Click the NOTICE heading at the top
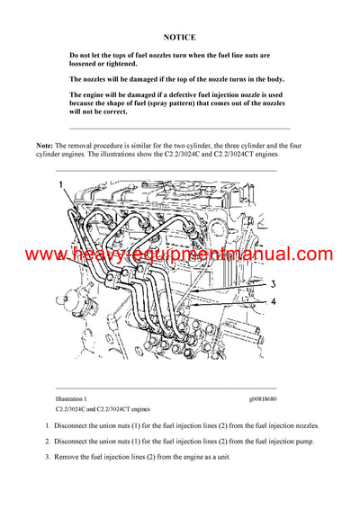(x=179, y=38)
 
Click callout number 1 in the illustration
(x=61, y=184)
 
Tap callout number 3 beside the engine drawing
(x=270, y=285)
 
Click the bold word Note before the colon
(x=44, y=145)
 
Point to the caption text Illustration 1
(x=71, y=398)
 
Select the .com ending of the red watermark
(x=311, y=255)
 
